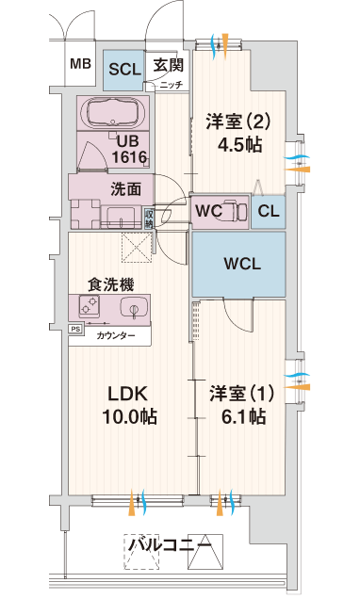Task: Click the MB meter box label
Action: click(80, 63)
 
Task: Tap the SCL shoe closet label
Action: click(125, 69)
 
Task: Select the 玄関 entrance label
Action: click(169, 65)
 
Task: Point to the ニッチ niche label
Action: click(172, 85)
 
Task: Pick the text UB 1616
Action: click(128, 150)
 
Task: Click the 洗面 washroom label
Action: click(125, 189)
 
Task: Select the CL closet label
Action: click(269, 211)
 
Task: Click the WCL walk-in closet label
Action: click(242, 264)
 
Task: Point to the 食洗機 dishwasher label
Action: click(111, 284)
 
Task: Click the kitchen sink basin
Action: click(134, 308)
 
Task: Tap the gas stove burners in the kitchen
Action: click(90, 306)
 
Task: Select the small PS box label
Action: click(75, 329)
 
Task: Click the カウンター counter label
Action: click(115, 336)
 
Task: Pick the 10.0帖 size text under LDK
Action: click(129, 416)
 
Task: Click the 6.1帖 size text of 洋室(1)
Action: click(243, 416)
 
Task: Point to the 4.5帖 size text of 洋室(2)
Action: click(240, 144)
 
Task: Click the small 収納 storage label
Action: click(149, 218)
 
